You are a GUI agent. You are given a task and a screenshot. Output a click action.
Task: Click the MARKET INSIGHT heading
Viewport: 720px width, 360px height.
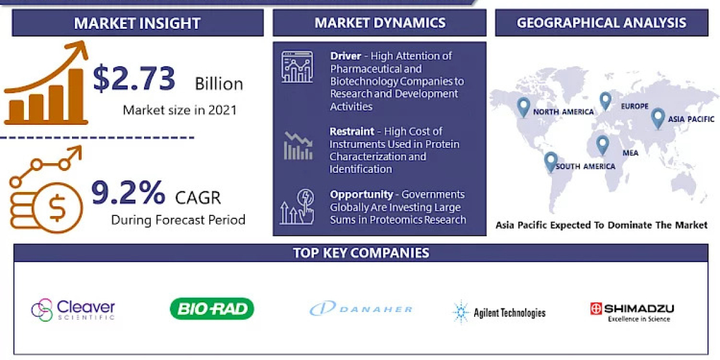pyautogui.click(x=137, y=23)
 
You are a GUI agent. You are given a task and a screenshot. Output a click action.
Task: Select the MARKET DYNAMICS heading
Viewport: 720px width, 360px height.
pyautogui.click(x=380, y=23)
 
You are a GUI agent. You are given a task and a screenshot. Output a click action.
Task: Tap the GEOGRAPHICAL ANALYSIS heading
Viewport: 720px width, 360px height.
pyautogui.click(x=601, y=23)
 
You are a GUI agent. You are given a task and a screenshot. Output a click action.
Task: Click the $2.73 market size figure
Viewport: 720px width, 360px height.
pyautogui.click(x=134, y=79)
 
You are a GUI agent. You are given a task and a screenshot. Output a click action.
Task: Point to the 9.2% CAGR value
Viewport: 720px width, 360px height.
pyautogui.click(x=128, y=193)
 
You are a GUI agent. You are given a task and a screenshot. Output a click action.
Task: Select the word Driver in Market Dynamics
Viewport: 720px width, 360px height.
pyautogui.click(x=346, y=56)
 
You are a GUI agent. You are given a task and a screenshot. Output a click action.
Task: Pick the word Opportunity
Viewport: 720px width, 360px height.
pyautogui.click(x=361, y=194)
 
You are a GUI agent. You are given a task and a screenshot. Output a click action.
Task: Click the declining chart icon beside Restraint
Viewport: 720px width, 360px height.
pyautogui.click(x=298, y=145)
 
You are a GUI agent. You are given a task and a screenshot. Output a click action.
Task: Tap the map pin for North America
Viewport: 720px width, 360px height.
pyautogui.click(x=524, y=107)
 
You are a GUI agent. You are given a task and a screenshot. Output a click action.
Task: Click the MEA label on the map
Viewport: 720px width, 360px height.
pyautogui.click(x=630, y=153)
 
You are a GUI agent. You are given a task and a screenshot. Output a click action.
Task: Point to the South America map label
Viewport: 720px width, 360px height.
pyautogui.click(x=585, y=166)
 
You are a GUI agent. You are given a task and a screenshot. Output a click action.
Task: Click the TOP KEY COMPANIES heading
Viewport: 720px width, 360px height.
pyautogui.click(x=361, y=253)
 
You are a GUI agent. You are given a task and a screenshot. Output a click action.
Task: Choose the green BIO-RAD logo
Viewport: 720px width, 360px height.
pyautogui.click(x=212, y=308)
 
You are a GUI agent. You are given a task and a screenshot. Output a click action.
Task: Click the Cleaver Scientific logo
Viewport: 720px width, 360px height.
pyautogui.click(x=73, y=310)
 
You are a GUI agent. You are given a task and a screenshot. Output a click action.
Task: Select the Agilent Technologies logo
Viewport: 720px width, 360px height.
pyautogui.click(x=499, y=312)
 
